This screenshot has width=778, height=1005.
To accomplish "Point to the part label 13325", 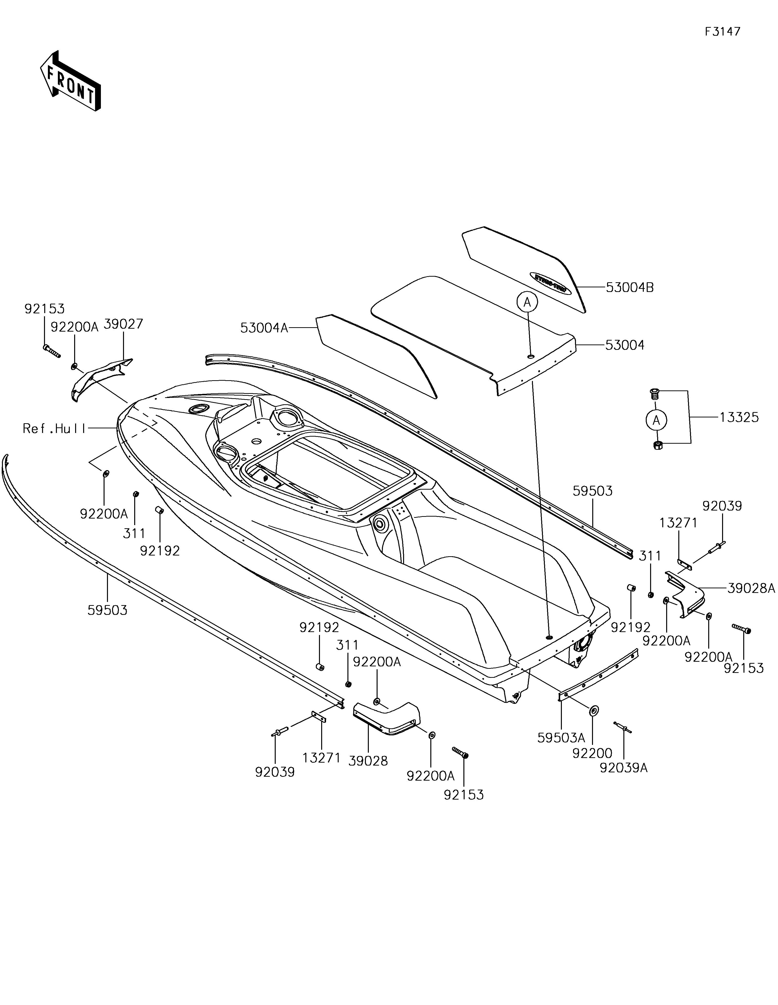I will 739,418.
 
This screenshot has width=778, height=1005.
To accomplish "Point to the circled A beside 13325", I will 656,420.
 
